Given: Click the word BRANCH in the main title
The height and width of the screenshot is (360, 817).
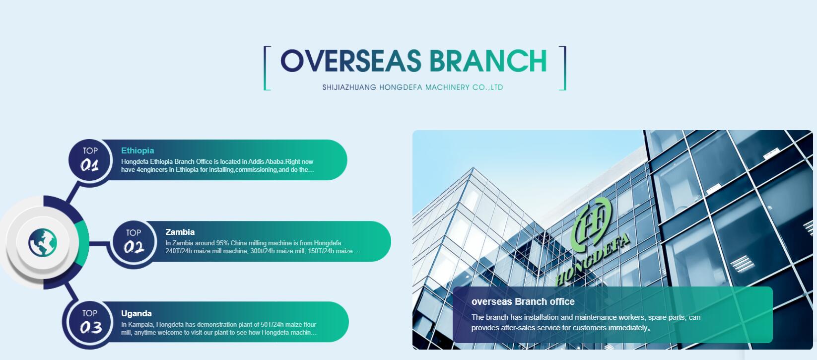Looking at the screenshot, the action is tap(488, 61).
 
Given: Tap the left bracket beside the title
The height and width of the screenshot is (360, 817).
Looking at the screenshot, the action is tap(266, 68).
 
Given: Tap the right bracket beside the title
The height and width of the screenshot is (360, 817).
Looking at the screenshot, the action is tap(563, 68).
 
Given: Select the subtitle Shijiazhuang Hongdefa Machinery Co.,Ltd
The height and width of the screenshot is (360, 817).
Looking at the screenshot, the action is tap(412, 87).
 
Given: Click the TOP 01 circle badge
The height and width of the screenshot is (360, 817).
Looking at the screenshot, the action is tap(90, 160).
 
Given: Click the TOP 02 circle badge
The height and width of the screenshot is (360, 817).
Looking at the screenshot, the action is tap(134, 242).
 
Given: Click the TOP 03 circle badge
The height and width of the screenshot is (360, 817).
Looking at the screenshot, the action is tap(90, 323).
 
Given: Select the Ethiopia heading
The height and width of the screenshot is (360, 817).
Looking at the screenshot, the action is tap(137, 150).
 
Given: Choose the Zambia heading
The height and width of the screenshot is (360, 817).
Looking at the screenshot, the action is tap(180, 232).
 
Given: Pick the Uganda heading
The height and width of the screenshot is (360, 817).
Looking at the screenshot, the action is tap(136, 313).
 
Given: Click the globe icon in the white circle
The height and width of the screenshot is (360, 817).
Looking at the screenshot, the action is tap(43, 242).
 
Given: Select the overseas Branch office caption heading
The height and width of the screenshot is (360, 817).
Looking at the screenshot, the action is tap(523, 301).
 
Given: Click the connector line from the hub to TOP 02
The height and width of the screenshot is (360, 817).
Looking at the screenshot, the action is tap(100, 243).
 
